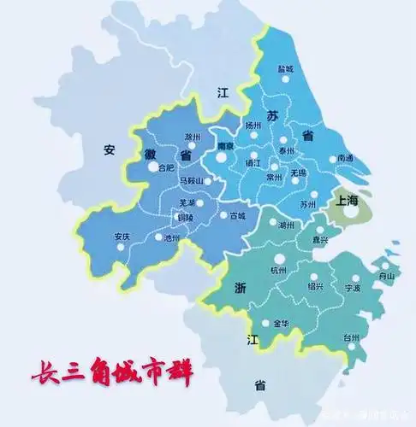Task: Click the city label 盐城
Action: coord(285,68)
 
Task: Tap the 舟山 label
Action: coord(387,276)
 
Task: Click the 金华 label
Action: coord(282,324)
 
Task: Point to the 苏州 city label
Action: coord(309,205)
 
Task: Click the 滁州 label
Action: coord(193,137)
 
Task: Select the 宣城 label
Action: coord(237,216)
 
